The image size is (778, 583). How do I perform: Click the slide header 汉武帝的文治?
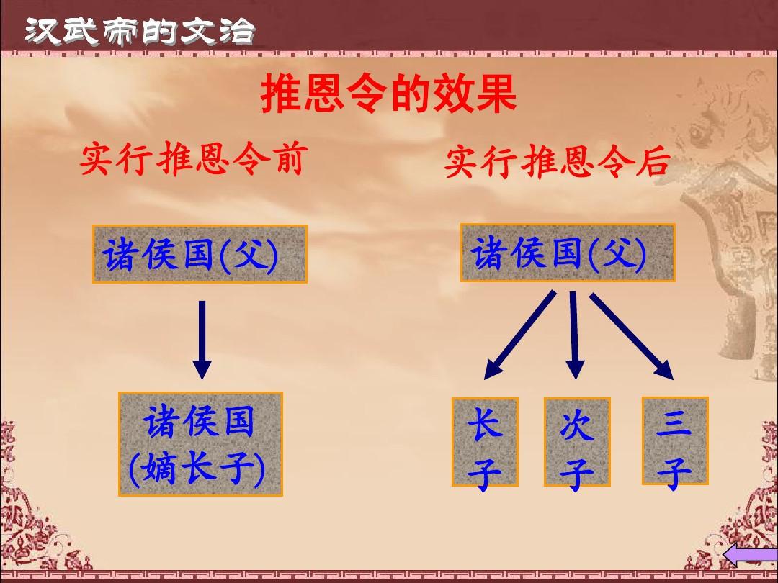[x=140, y=31]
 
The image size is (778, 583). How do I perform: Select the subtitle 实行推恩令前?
[x=191, y=160]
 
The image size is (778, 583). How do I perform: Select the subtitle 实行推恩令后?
[x=556, y=162]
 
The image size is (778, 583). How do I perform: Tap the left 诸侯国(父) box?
[x=200, y=253]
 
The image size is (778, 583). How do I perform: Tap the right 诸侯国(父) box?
[x=568, y=253]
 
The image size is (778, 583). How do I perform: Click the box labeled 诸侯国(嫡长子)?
[x=200, y=444]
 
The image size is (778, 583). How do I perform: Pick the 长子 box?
[x=485, y=442]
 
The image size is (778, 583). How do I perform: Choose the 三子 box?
[x=674, y=440]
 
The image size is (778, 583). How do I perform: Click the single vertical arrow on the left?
[x=202, y=338]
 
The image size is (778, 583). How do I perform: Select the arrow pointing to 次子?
[x=574, y=335]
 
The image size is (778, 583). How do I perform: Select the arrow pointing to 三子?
[x=632, y=335]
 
